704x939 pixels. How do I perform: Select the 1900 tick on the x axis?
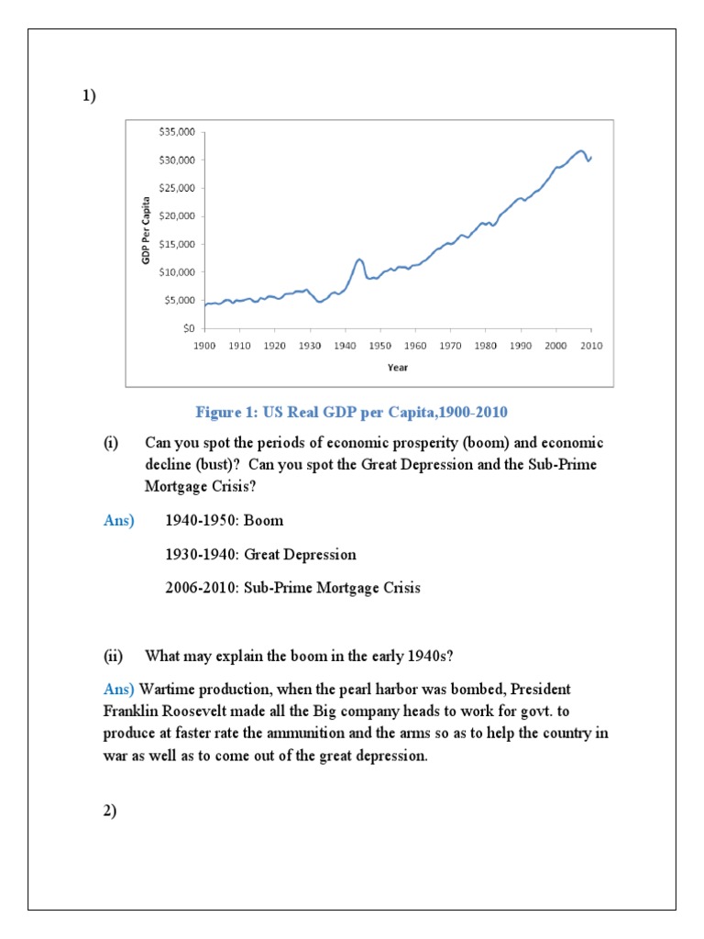204,346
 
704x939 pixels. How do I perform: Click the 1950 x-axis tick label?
379,346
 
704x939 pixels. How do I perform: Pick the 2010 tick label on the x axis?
591,346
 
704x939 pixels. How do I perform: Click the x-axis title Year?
398,368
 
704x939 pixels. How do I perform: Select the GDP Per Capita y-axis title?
145,230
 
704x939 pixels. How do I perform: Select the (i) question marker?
110,443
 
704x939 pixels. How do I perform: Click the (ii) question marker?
112,656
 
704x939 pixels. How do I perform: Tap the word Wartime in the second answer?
167,689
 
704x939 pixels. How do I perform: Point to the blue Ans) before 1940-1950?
118,521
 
